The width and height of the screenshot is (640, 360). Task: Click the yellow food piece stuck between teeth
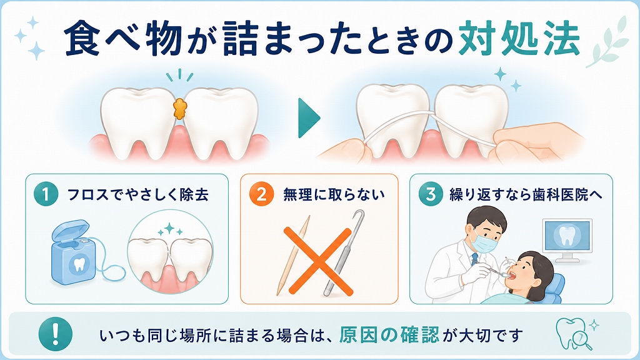point(178,108)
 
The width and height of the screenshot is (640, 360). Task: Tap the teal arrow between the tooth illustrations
point(308,118)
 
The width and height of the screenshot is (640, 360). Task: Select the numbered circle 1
point(46,194)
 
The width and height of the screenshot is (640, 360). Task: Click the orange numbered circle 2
point(261,194)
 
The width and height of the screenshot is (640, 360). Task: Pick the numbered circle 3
point(431,194)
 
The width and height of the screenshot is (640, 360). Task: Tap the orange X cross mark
point(318,261)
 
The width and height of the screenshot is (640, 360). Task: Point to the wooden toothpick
point(293,255)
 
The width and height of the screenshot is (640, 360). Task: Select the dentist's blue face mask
point(484,242)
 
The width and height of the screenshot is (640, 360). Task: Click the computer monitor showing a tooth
point(566,239)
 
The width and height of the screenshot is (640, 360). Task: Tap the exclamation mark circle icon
point(56,334)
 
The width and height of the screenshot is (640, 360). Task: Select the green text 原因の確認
point(389,335)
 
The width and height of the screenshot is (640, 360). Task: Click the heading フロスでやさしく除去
point(137,194)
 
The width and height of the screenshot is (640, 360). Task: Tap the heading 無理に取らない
point(334,194)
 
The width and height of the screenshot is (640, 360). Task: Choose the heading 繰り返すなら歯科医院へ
point(526,194)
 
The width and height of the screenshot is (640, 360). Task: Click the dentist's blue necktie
point(474,259)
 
